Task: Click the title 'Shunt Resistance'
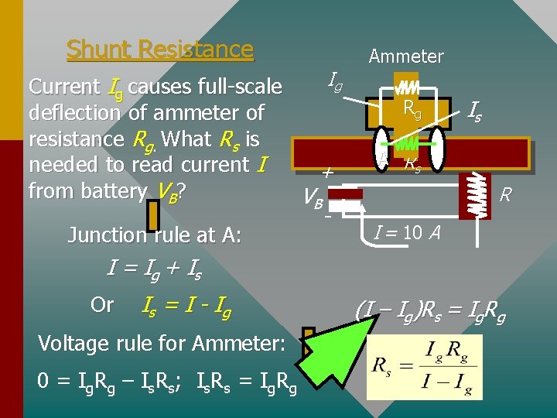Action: (x=160, y=50)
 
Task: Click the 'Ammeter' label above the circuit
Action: (x=406, y=57)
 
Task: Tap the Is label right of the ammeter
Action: (x=475, y=113)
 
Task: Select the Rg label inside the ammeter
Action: (x=412, y=109)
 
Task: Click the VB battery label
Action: (x=313, y=200)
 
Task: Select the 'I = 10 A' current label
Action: (x=408, y=231)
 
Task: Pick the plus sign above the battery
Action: (x=327, y=173)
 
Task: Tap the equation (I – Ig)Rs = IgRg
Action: (x=430, y=312)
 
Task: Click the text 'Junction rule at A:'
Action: (x=155, y=235)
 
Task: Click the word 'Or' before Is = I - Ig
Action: (x=102, y=305)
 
